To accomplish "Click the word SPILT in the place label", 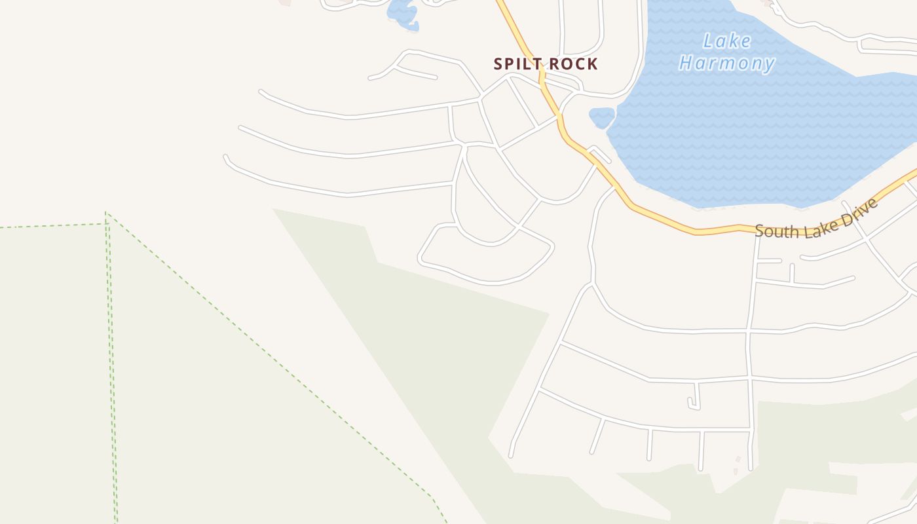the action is pos(517,64).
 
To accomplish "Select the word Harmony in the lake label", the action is pos(727,64).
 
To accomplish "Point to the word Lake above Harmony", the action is pos(727,41).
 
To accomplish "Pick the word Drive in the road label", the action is pos(857,208).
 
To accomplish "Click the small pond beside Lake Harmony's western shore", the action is pos(602,117).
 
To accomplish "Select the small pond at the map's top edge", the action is pos(403,13).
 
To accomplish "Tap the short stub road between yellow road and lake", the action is pos(600,155).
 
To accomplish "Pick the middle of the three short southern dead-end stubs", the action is pos(649,445).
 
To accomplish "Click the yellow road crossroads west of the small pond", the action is pos(560,117).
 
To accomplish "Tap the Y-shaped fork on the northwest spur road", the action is pos(396,66).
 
